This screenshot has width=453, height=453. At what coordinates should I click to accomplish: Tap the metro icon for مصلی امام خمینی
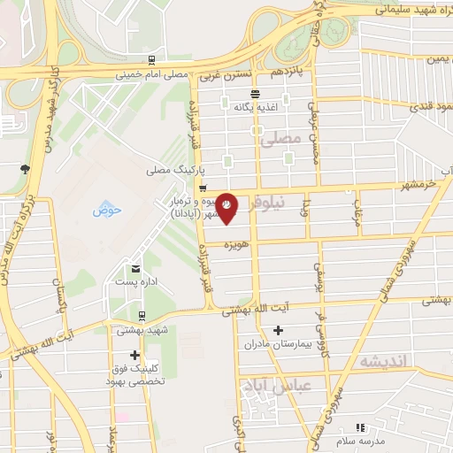152,61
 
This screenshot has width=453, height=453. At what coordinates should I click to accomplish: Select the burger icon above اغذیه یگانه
255,94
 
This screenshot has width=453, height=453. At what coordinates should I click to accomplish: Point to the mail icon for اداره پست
135,268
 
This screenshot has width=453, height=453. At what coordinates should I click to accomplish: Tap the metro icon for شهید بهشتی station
142,316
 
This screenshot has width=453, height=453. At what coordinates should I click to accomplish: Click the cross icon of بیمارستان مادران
279,330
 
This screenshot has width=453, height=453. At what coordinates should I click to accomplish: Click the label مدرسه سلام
358,439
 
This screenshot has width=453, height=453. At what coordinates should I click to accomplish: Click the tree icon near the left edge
25,168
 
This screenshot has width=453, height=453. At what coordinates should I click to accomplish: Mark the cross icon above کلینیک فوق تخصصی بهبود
134,355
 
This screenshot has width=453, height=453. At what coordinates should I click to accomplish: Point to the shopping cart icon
203,188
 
